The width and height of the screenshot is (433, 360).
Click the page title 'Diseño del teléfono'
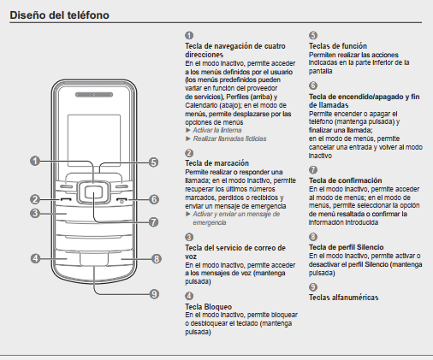click(x=59, y=15)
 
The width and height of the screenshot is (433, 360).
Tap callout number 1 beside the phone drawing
click(x=35, y=161)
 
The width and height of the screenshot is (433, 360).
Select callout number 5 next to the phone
click(x=154, y=162)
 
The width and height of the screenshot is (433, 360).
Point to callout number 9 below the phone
click(x=154, y=294)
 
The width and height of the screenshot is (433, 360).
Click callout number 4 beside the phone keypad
click(x=35, y=259)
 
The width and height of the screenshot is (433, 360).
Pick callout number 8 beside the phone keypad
click(x=157, y=259)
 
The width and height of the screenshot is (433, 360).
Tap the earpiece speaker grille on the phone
click(x=94, y=95)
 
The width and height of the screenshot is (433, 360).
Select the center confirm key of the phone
click(x=93, y=192)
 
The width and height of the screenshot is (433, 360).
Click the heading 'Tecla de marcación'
click(x=216, y=163)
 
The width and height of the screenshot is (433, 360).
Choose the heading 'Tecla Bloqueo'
click(x=208, y=307)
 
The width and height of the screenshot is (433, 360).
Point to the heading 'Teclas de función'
click(x=338, y=46)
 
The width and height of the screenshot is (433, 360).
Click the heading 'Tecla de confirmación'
click(x=345, y=180)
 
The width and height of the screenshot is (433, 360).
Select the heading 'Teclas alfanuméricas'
click(x=343, y=298)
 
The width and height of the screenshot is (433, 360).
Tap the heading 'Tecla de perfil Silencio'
click(x=346, y=247)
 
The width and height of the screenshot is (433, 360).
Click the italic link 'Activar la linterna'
click(x=217, y=130)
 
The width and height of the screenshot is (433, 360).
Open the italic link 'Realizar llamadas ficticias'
click(x=229, y=139)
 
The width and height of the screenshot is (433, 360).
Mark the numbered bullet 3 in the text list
click(x=189, y=237)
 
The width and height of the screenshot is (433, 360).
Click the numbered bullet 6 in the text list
click(x=313, y=86)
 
